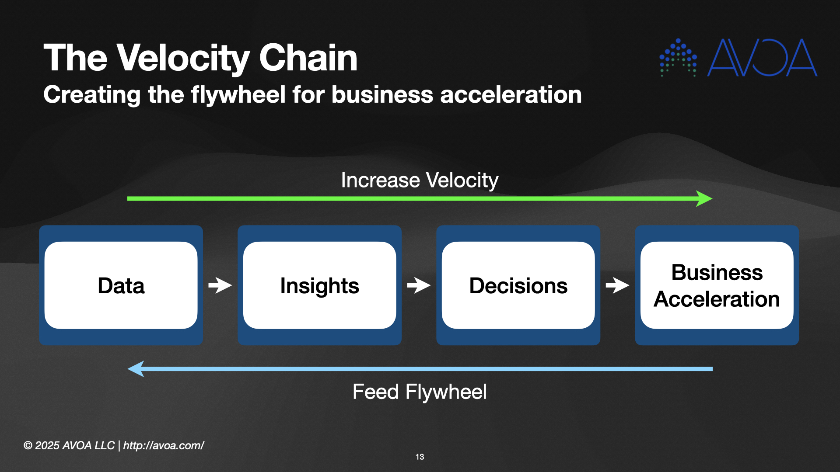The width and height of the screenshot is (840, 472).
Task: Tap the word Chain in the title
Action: click(x=308, y=58)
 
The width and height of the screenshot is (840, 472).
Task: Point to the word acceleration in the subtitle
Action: click(x=511, y=95)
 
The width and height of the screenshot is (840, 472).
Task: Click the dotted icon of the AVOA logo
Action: click(x=678, y=57)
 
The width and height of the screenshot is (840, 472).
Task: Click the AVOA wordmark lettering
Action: click(x=762, y=58)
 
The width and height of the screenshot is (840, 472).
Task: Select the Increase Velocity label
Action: click(x=420, y=180)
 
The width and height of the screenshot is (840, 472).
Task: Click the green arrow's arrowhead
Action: click(x=704, y=198)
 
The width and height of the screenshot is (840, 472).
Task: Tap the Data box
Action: click(x=121, y=285)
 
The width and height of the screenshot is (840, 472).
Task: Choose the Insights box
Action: click(x=320, y=285)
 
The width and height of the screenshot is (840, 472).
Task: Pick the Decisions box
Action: click(x=518, y=285)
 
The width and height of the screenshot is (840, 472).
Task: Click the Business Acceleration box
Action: click(x=717, y=285)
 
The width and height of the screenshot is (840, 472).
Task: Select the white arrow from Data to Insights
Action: click(x=220, y=285)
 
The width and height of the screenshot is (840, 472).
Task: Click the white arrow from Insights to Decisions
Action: click(x=419, y=285)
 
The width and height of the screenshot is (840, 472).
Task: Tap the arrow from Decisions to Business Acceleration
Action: click(x=617, y=285)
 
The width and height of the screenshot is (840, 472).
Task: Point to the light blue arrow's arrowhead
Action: click(x=136, y=369)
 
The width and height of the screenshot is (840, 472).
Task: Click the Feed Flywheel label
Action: click(x=420, y=392)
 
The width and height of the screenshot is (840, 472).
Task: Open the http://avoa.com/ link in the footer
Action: click(x=164, y=445)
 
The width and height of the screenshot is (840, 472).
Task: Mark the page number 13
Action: click(x=420, y=457)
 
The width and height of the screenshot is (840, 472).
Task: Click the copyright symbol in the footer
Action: click(x=28, y=446)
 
